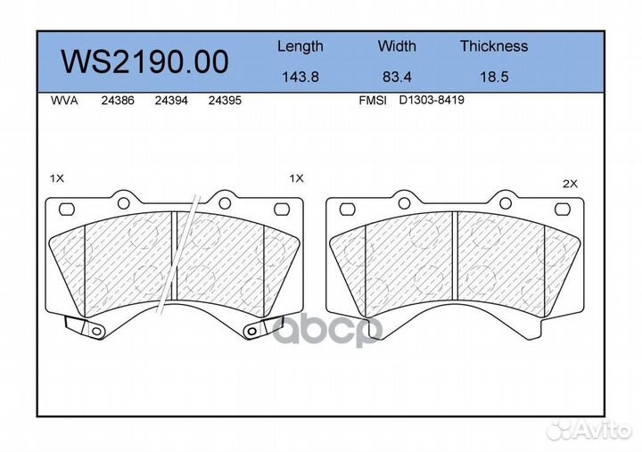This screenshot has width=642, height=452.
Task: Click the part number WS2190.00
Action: [x=144, y=62]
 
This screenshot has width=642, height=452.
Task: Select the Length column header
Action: [x=300, y=46]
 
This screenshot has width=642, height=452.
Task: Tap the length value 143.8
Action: [x=300, y=77]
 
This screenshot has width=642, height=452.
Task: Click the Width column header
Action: [x=397, y=45]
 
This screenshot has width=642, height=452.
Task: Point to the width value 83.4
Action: [x=397, y=77]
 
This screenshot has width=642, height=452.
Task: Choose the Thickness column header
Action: [x=494, y=45]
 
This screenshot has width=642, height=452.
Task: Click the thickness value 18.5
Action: [x=494, y=77]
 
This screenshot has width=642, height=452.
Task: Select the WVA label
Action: [x=64, y=101]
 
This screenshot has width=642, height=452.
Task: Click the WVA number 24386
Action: [x=118, y=101]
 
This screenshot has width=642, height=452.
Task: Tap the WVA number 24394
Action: [x=171, y=101]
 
